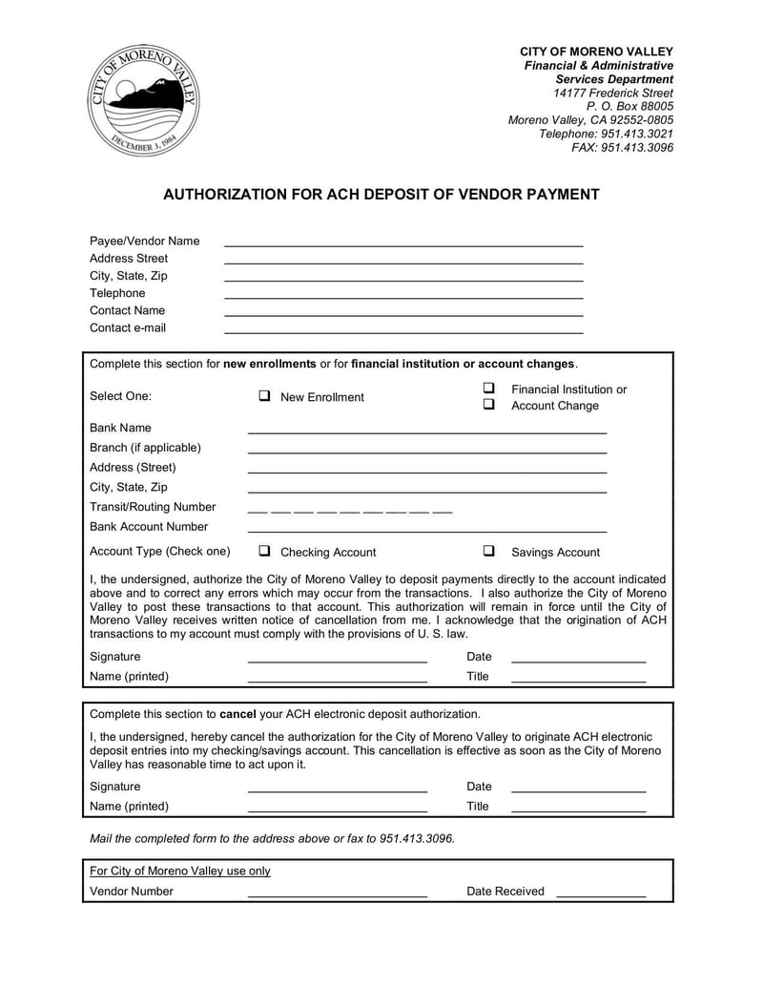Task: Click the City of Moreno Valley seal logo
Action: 144,100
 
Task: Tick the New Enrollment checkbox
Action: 264,395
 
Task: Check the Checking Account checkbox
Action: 264,551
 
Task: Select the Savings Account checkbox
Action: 488,551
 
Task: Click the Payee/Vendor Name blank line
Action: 402,244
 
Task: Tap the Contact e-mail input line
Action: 402,331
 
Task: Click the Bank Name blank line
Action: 426,431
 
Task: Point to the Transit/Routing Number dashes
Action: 349,511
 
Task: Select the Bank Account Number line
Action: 426,531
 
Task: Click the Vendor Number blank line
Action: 337,895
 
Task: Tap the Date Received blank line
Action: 600,895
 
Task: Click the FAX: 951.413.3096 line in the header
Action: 622,148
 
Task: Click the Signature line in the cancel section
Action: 337,790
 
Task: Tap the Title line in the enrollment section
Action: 578,681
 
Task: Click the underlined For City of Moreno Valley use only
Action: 179,871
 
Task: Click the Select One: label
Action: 120,396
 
